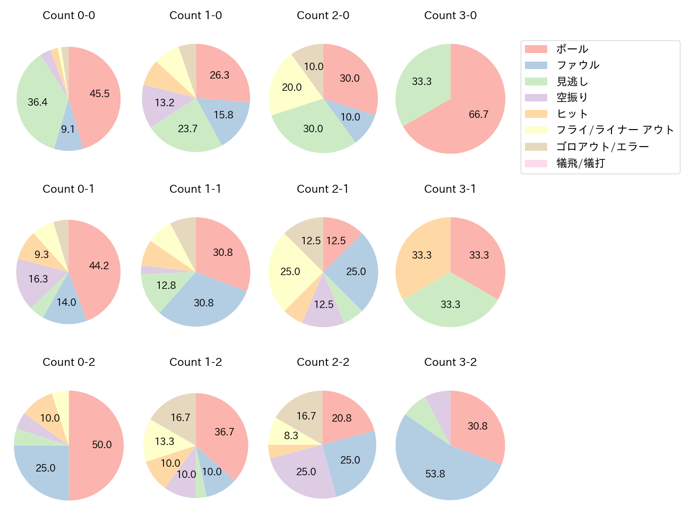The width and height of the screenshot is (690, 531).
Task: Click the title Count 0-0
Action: point(68,15)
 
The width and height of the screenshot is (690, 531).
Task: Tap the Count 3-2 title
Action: point(450,362)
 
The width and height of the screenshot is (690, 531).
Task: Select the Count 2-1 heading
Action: point(323,189)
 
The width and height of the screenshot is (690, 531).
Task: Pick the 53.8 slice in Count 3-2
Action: point(441,470)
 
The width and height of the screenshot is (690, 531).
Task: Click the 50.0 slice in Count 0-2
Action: point(98,445)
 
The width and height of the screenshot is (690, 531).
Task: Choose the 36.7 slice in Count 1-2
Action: point(223,433)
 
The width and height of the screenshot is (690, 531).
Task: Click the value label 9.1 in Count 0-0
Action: point(68,129)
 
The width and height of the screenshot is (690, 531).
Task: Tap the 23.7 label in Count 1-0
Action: point(188,129)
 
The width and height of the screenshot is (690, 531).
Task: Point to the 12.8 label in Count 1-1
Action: point(166,286)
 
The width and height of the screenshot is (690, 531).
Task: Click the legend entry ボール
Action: point(572,49)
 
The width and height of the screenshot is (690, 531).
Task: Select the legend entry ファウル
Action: point(577,65)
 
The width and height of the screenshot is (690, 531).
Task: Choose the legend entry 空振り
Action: point(572,98)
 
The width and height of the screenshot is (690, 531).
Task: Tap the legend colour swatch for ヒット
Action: point(536,114)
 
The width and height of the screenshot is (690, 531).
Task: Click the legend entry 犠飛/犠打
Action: point(580,163)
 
